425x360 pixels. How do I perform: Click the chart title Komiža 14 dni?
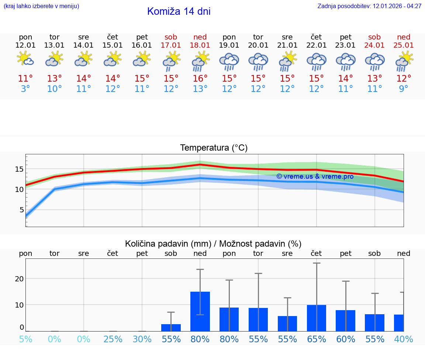pos(179,11)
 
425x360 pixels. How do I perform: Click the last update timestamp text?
pos(369,6)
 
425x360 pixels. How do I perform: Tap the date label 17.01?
pos(171,45)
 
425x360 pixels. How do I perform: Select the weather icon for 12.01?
pos(25,59)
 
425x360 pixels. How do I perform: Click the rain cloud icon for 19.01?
pos(229,61)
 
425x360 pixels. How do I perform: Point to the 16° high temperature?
pos(200,79)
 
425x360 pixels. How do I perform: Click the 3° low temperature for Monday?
pos(25,89)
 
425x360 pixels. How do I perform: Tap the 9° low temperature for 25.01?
pos(404,89)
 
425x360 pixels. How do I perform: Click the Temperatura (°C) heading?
pos(214,148)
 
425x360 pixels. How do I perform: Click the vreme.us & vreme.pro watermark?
pos(315,176)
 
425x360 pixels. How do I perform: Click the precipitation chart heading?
pos(213,244)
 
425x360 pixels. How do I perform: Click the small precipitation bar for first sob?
pos(171,328)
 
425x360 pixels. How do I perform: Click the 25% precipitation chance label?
pos(113,339)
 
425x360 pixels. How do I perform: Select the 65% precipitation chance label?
pos(317,339)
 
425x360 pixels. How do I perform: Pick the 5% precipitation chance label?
pos(25,339)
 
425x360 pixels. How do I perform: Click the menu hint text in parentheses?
pos(41,6)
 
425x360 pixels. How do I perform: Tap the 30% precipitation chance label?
pos(142,339)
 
